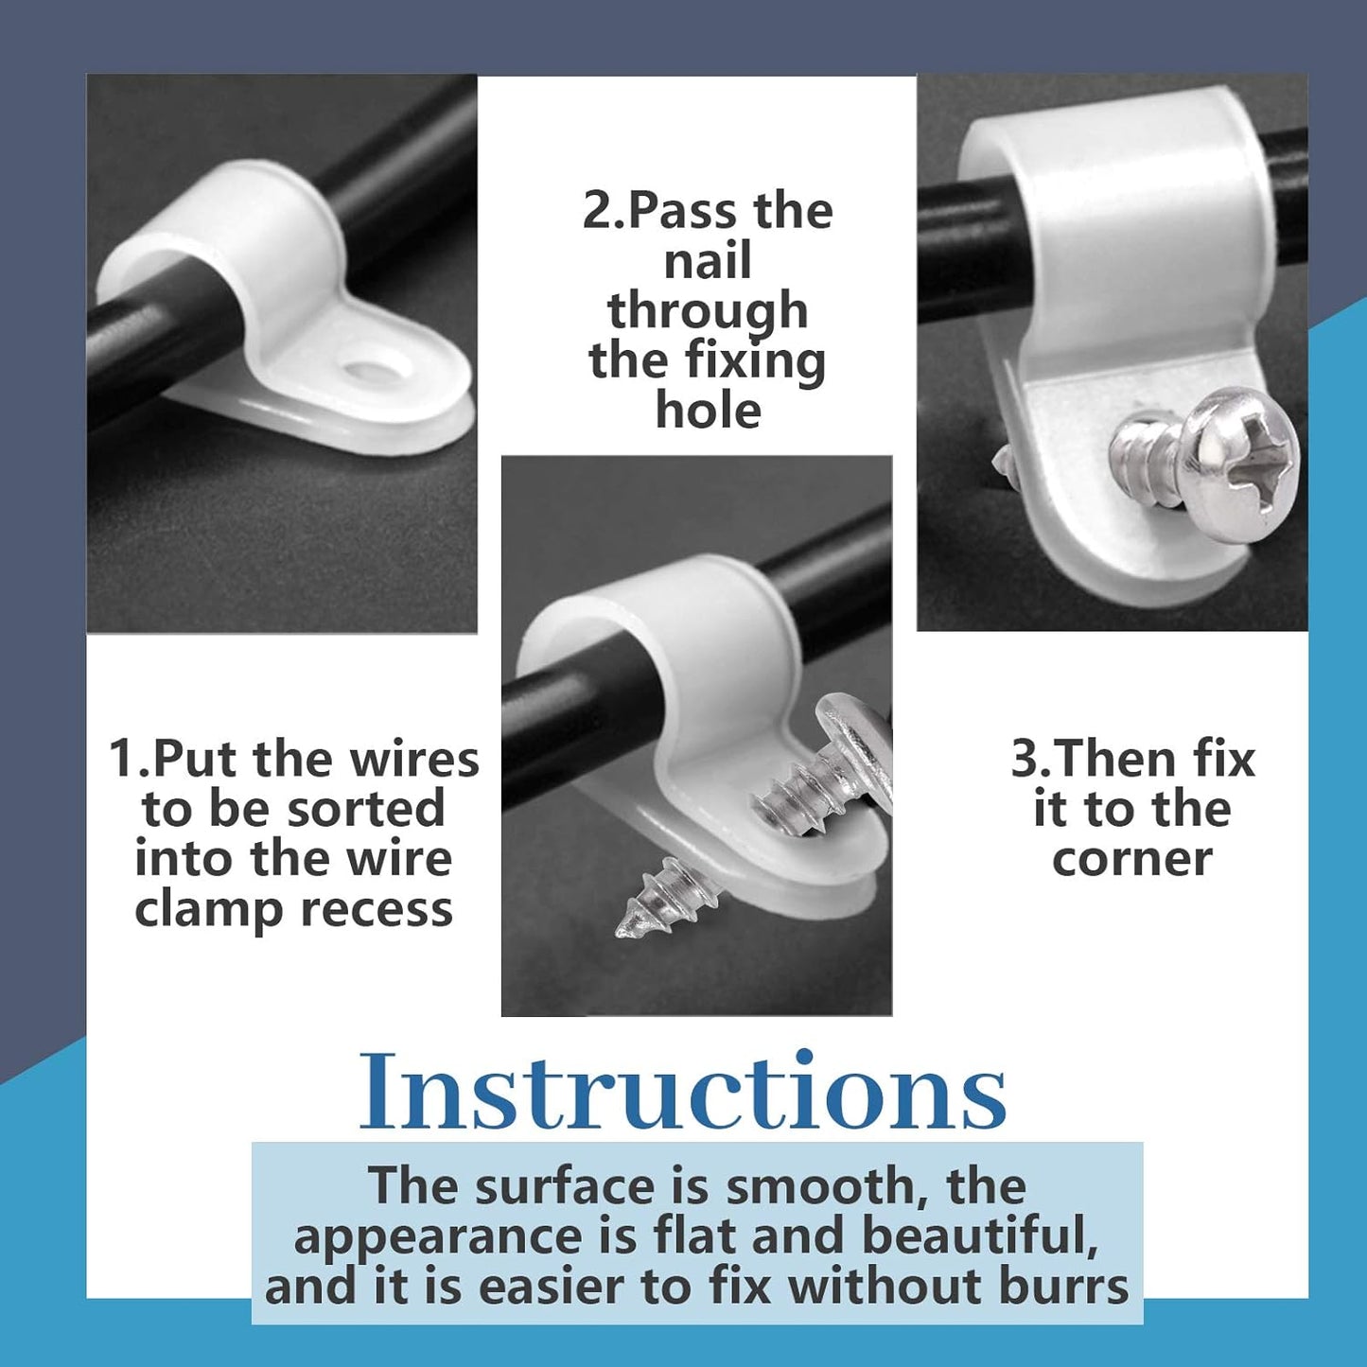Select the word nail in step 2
click(x=708, y=260)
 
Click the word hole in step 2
click(x=708, y=409)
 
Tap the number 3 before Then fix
click(x=1025, y=759)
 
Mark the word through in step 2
click(x=708, y=311)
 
